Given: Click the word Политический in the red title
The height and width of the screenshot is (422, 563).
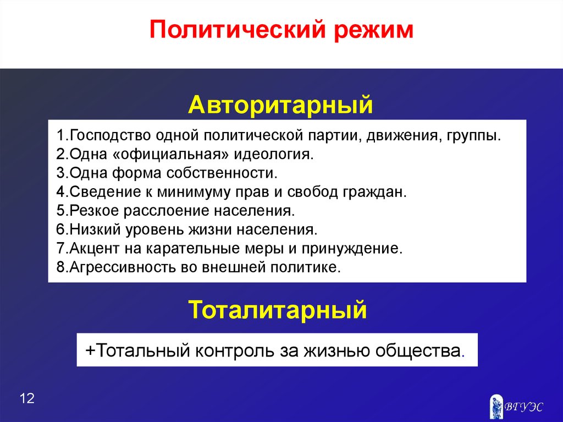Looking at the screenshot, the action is [237, 30].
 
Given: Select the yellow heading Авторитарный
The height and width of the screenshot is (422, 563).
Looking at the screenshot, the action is [281, 105].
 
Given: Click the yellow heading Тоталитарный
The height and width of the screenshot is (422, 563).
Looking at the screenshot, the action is [278, 310].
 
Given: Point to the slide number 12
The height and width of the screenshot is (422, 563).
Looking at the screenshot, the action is [27, 398].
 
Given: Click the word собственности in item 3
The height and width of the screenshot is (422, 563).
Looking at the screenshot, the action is [222, 173].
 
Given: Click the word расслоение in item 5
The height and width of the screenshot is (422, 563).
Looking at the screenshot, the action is [167, 211].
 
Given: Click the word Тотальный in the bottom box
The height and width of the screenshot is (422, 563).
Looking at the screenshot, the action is [142, 350].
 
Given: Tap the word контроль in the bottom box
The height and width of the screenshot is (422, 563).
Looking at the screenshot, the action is [235, 350].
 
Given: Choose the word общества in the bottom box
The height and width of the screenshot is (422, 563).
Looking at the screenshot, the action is [418, 351].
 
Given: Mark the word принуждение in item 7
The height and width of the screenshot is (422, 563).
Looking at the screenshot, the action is [352, 249].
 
